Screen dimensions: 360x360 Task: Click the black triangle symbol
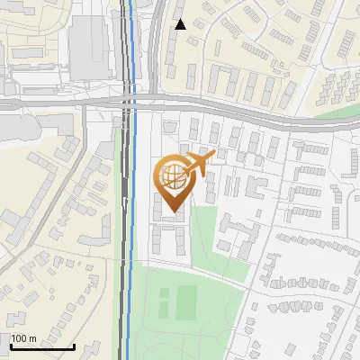point(181,24)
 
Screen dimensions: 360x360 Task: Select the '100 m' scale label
point(24,338)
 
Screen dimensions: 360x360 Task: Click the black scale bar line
point(41,346)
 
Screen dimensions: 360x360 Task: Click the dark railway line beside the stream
point(122,225)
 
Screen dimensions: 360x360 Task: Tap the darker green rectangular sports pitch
point(186,301)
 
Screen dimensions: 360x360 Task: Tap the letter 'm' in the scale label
point(33,338)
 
